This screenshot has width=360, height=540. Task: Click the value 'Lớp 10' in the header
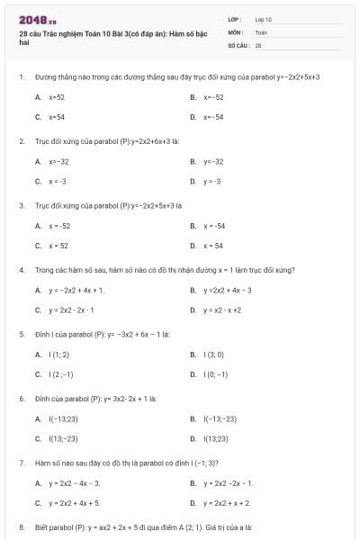click(263, 18)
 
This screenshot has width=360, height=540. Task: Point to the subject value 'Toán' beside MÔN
click(261, 31)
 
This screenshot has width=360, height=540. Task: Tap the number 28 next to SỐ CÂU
click(258, 43)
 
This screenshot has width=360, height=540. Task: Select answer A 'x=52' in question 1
click(56, 96)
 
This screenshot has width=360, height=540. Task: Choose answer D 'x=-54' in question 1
click(213, 116)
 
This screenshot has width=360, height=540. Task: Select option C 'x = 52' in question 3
click(58, 245)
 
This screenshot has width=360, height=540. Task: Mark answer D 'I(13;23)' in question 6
click(216, 438)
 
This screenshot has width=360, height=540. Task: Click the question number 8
click(21, 526)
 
